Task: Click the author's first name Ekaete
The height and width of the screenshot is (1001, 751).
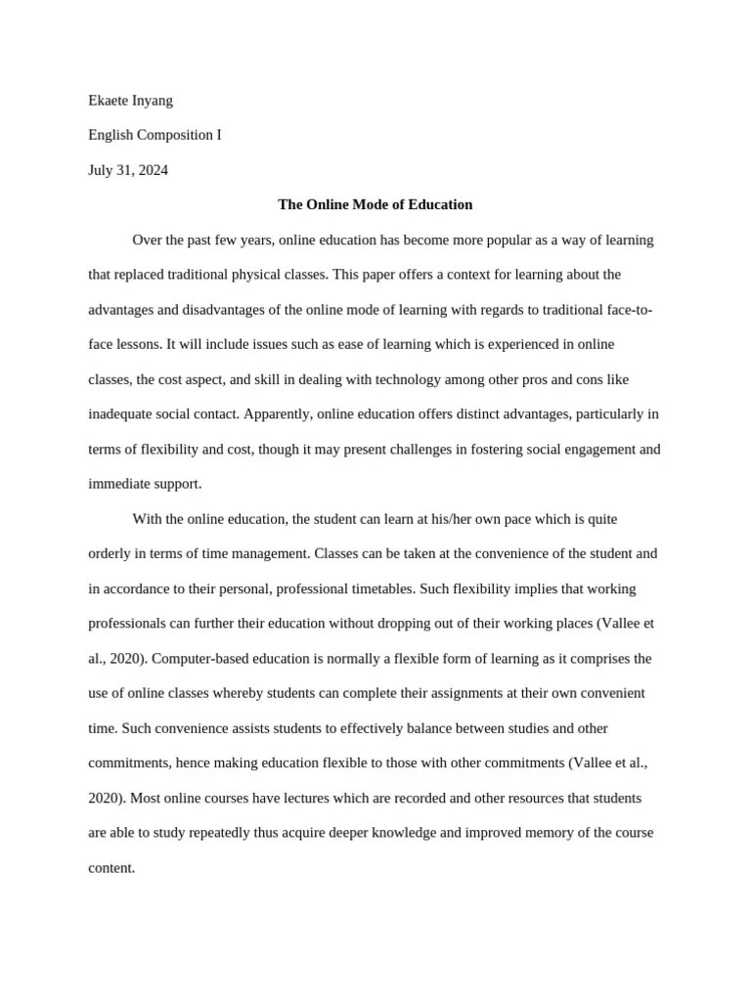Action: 110,100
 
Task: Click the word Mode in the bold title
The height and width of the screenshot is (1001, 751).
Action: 355,205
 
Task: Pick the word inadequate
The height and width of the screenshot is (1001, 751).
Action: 122,414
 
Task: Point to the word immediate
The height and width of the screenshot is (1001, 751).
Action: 120,484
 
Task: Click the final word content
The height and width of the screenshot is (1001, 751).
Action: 110,867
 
